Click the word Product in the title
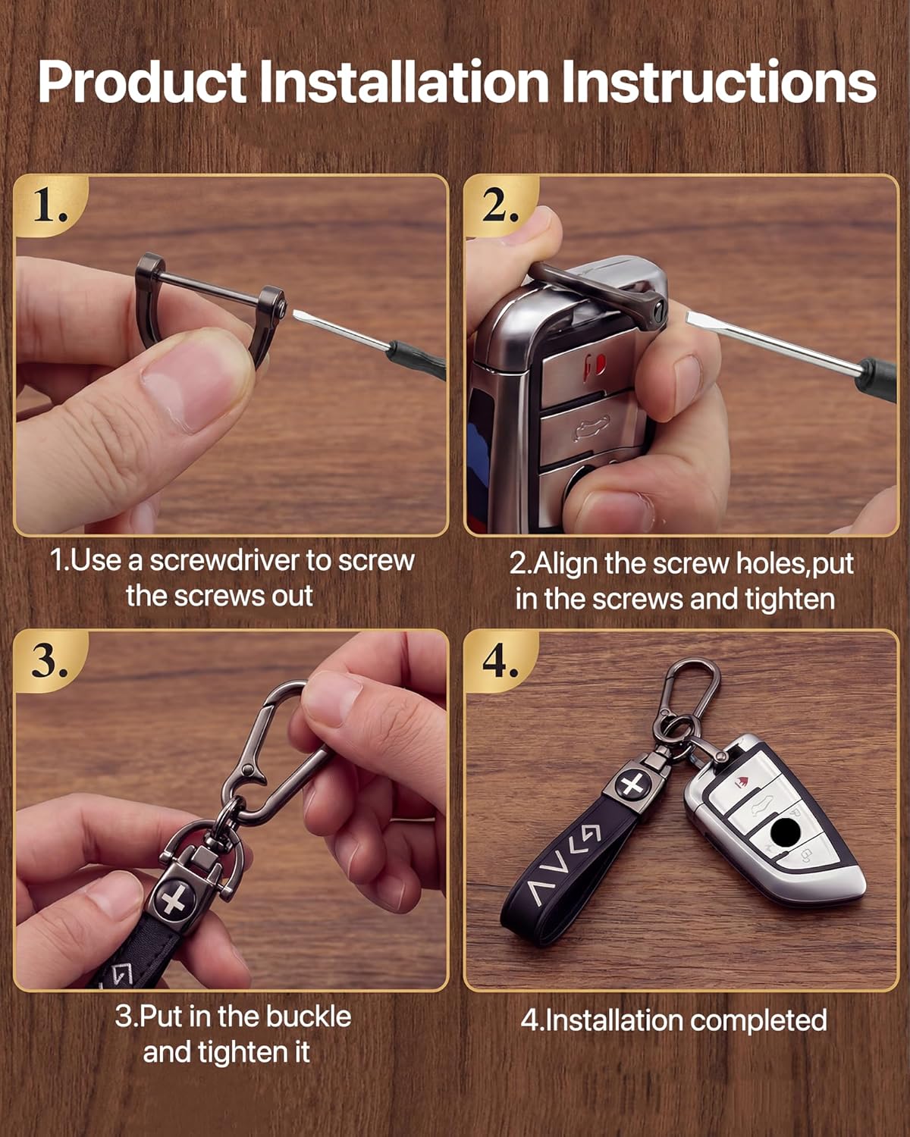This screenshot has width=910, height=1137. pyautogui.click(x=143, y=82)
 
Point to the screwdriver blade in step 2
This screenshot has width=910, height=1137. pyautogui.click(x=772, y=338)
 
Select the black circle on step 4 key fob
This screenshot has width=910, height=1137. pyautogui.click(x=785, y=832)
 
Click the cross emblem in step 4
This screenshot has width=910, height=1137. pyautogui.click(x=632, y=784)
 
